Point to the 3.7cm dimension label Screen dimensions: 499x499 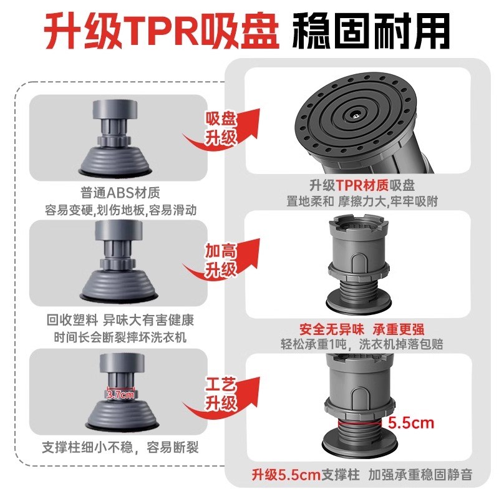[x=120, y=394]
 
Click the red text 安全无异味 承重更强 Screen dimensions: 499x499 [x=362, y=329]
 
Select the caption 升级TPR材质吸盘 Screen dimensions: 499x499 [x=362, y=185]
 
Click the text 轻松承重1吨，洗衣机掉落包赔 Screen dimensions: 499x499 [x=362, y=344]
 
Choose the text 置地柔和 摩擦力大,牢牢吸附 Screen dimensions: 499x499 [x=362, y=201]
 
